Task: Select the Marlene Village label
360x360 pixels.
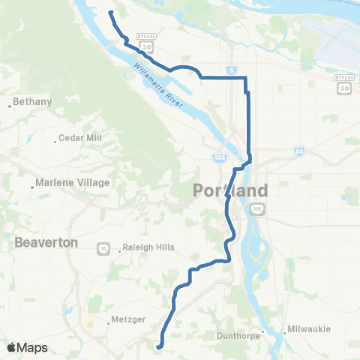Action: pos(73,182)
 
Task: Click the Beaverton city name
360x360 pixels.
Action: pos(46,242)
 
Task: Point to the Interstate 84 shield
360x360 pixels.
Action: pos(300,151)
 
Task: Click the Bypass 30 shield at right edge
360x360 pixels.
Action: pos(343,85)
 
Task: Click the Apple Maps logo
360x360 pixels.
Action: pos(27,347)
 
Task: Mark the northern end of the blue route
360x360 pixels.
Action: pos(110,13)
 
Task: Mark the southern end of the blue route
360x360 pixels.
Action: pos(158,346)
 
